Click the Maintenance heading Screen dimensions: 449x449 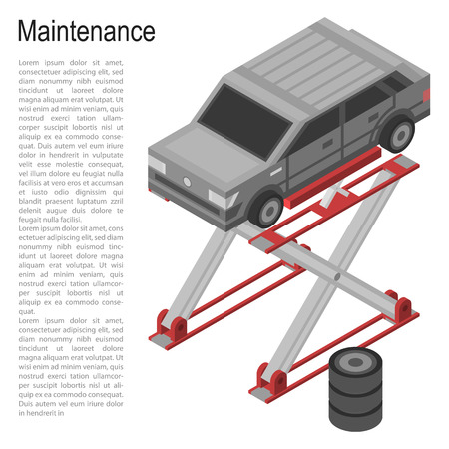87,31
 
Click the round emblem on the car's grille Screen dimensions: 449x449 186,181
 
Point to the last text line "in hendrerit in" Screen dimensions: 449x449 46,412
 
